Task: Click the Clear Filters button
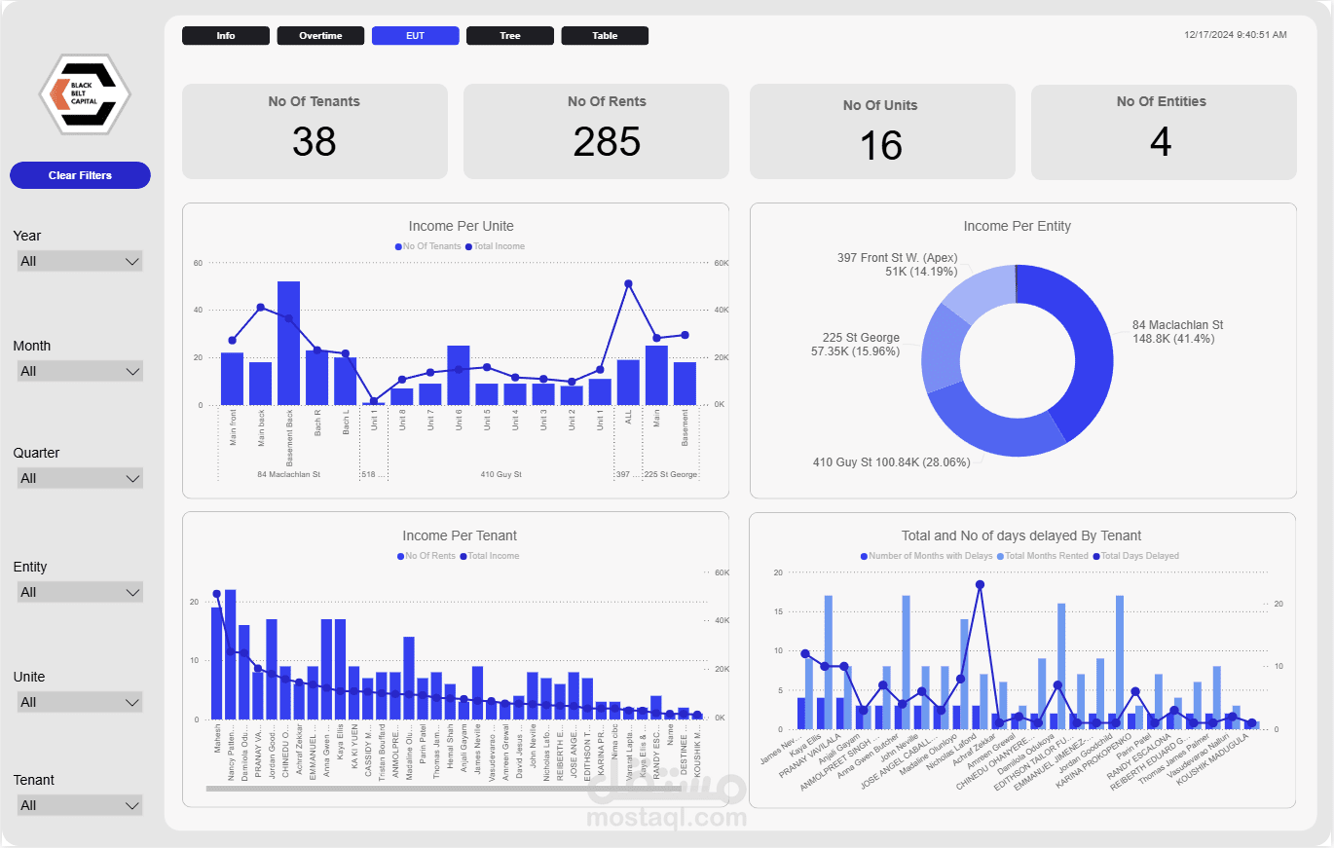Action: coord(80,175)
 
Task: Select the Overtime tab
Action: coord(320,36)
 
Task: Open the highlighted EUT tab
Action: coord(415,36)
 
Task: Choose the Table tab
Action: coord(605,36)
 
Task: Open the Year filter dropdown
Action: coord(80,261)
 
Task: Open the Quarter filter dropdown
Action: coord(80,478)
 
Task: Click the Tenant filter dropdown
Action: coord(80,805)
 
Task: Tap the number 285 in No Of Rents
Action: coord(606,142)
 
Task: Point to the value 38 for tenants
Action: coord(314,142)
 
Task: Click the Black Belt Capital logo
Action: coord(84,93)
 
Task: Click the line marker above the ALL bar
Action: coord(628,283)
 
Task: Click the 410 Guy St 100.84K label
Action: coord(891,462)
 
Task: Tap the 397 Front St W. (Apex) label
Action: coord(897,258)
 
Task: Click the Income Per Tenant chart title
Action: coord(460,535)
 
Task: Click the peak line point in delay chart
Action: coord(980,584)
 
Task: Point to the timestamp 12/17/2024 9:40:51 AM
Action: coord(1235,35)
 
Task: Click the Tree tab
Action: coord(510,36)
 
